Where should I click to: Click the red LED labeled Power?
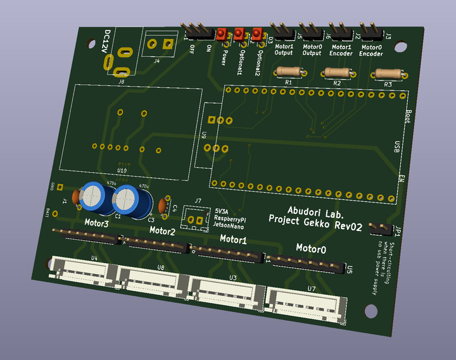(x=222, y=35)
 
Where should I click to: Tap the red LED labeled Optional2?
(x=257, y=35)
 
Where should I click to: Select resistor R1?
(x=288, y=73)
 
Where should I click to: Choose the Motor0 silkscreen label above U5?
(x=311, y=249)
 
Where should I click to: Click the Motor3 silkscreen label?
(x=96, y=223)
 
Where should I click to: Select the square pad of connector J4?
(x=167, y=44)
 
